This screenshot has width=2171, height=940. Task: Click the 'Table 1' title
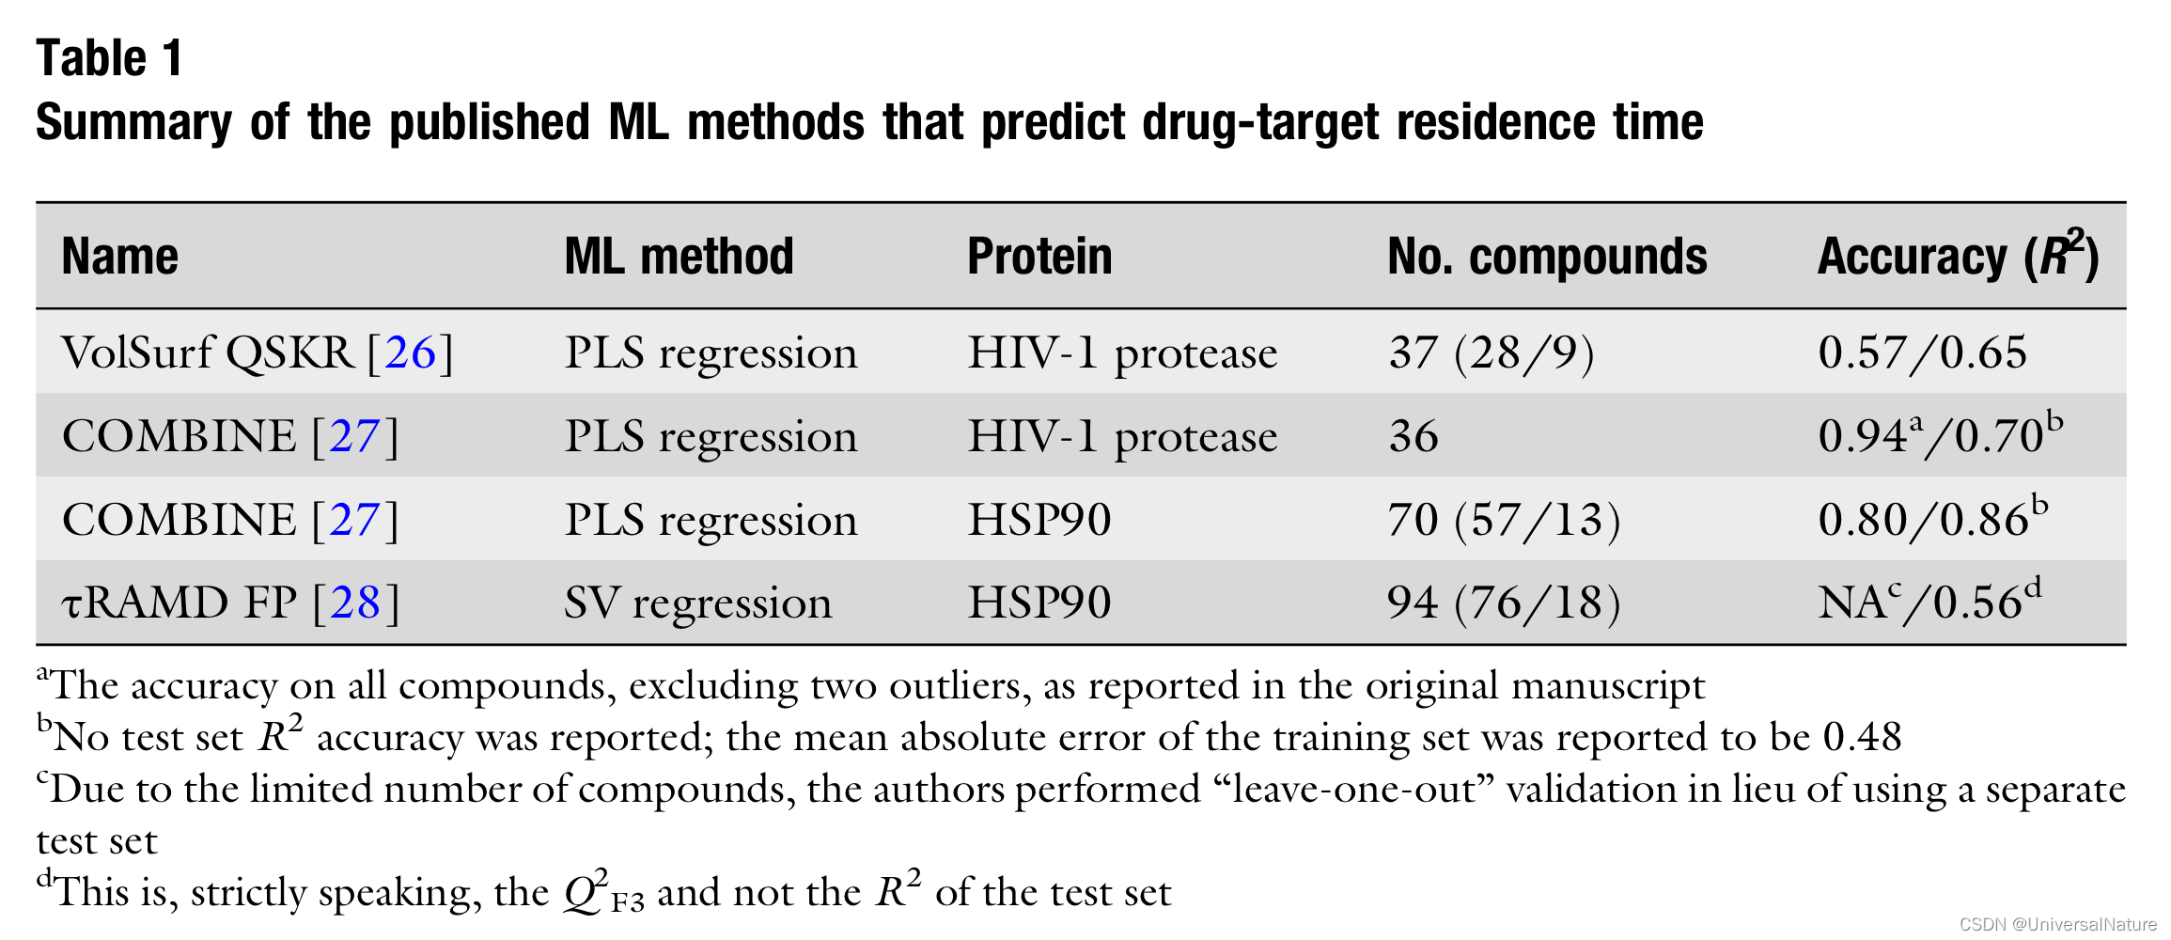109,58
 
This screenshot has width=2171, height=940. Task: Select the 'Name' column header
119,257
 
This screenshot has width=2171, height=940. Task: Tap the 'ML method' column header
679,257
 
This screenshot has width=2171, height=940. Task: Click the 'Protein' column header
1039,257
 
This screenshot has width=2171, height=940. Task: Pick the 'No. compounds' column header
1547,257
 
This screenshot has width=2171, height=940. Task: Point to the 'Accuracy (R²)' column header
1958,257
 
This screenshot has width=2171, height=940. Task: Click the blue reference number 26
411,353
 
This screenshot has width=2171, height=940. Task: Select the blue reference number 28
355,603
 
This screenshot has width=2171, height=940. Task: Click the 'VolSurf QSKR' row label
208,353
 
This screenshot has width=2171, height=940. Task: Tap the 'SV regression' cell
697,603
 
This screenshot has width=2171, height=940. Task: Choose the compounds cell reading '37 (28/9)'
1492,353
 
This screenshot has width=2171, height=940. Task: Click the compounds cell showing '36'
1413,436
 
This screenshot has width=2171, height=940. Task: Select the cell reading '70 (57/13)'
1504,520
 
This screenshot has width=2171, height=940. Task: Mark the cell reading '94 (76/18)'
1504,603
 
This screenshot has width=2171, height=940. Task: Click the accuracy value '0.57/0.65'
1922,353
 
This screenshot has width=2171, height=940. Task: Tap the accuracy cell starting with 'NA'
1929,603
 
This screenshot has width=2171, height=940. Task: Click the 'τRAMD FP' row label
180,603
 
